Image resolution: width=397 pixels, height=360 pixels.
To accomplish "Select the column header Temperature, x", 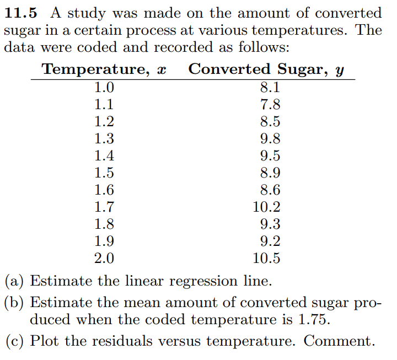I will tap(104, 69).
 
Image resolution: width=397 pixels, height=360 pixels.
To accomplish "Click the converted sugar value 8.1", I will tap(270, 87).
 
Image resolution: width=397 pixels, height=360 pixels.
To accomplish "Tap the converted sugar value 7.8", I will tap(270, 104).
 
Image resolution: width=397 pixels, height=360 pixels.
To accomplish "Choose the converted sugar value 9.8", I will tap(270, 138).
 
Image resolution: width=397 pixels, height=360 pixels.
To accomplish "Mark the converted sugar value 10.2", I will tap(266, 207).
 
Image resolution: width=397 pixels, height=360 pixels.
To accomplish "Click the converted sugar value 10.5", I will tap(266, 258).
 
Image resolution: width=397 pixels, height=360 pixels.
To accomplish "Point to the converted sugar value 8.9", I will tap(270, 173).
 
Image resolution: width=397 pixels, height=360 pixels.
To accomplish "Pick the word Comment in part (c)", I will tap(339, 341).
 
